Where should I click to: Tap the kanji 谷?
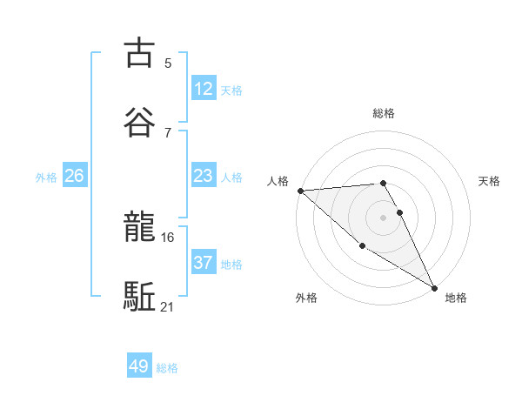139,121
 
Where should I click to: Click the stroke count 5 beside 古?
168,63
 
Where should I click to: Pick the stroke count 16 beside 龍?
168,237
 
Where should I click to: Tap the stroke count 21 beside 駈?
168,306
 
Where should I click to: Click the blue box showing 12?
203,89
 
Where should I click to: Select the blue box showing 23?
203,176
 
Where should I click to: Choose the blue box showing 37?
203,263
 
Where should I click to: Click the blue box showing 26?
74,176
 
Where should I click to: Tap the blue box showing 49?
139,366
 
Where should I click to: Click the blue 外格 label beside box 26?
46,178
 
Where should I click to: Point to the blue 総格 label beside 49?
168,368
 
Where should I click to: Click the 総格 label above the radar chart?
384,113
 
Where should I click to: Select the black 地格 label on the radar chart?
456,298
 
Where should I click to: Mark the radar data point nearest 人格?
300,191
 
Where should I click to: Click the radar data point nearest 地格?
434,287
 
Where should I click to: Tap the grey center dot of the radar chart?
384,217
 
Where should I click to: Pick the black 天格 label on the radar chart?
490,181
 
